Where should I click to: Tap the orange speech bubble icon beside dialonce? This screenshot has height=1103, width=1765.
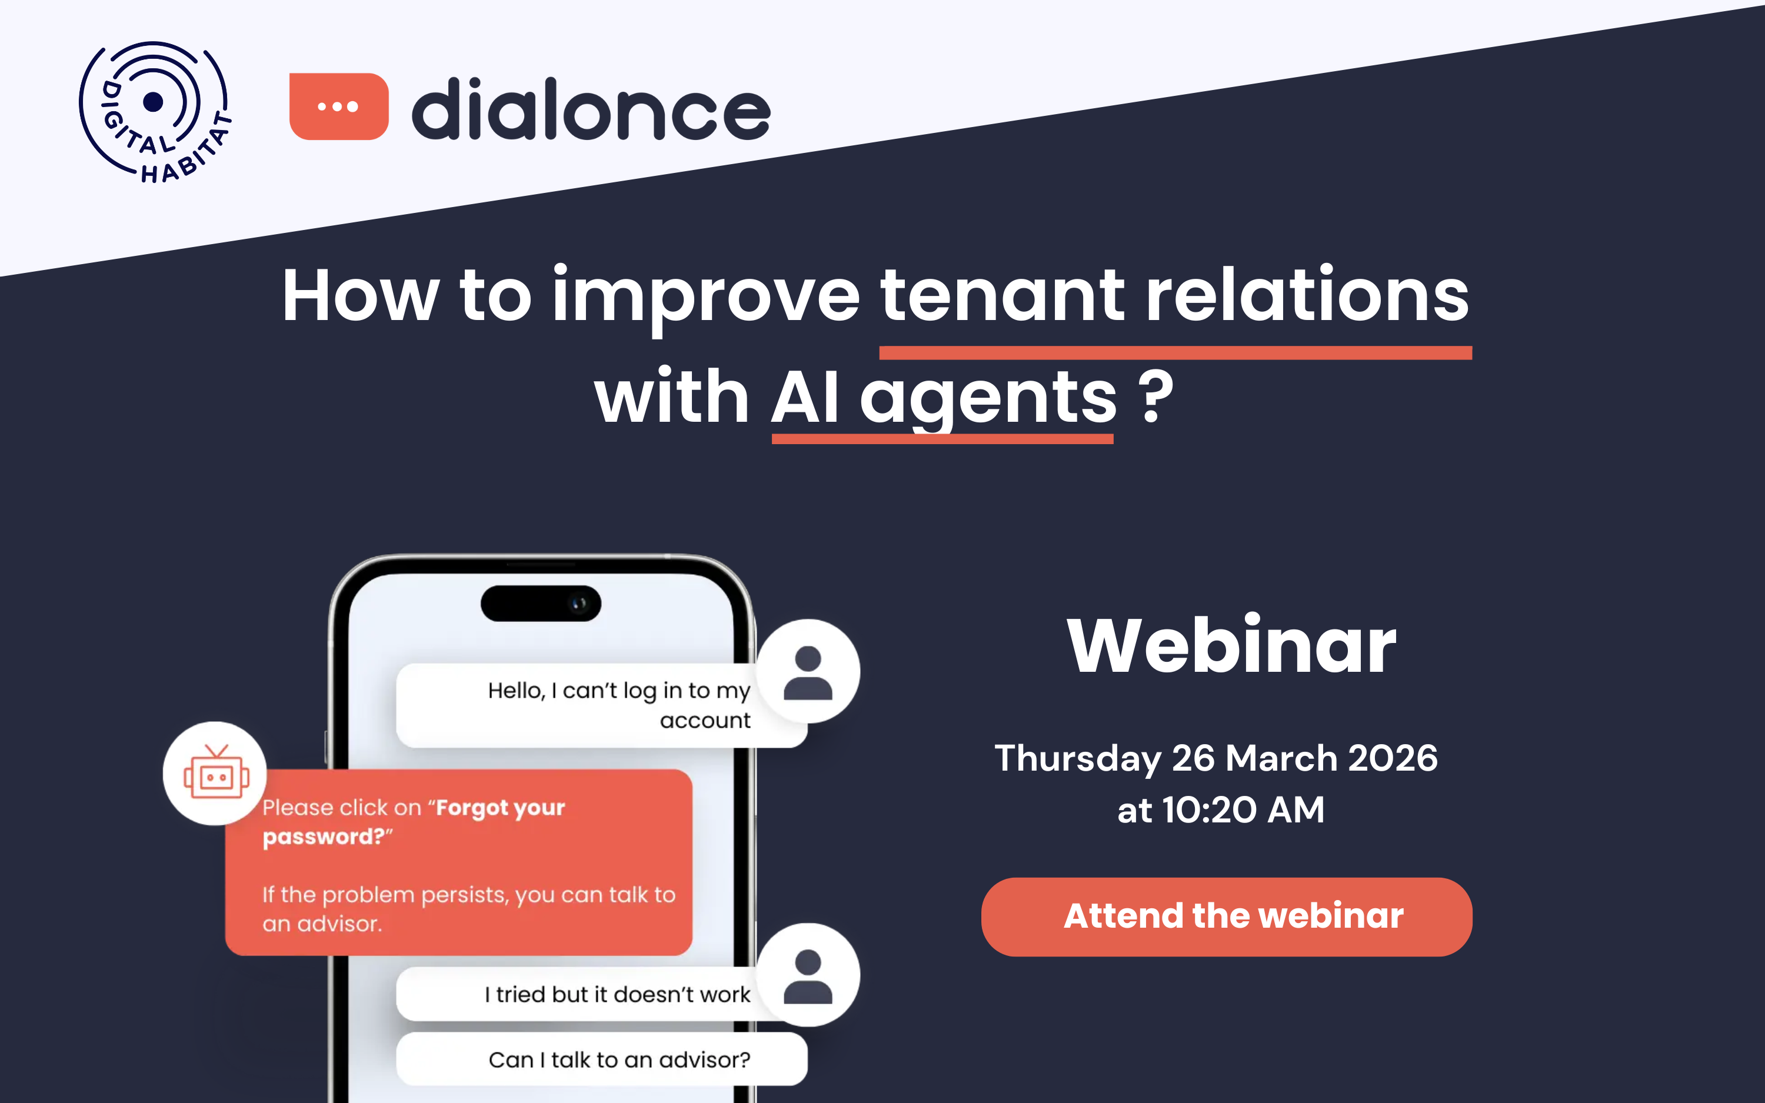(x=338, y=106)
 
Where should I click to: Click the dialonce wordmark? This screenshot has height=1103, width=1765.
(x=591, y=109)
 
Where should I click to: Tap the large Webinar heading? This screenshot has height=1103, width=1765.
(x=1231, y=645)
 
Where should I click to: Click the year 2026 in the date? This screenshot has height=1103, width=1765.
(x=1393, y=758)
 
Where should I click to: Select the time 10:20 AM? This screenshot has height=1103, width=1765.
(x=1243, y=809)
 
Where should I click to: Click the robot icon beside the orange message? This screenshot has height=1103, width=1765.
(x=216, y=773)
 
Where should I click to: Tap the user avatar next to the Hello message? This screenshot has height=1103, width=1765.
(x=808, y=671)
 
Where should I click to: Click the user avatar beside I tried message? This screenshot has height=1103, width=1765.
(x=808, y=975)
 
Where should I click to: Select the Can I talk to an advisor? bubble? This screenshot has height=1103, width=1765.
(x=618, y=1059)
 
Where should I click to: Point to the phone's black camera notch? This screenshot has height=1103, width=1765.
(x=541, y=604)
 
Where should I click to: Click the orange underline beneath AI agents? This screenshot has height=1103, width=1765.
(x=943, y=438)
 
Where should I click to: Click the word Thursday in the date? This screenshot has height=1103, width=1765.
(x=1077, y=758)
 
